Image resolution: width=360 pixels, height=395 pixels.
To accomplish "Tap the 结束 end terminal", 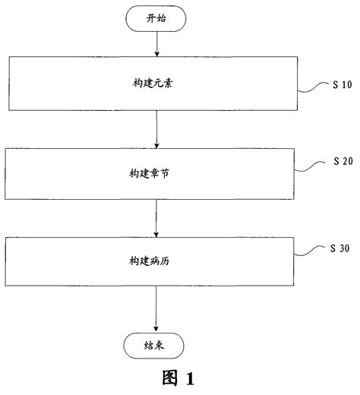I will click(155, 346).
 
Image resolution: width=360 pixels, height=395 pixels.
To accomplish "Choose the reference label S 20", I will click(343, 162).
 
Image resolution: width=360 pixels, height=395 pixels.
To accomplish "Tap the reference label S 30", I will click(343, 248).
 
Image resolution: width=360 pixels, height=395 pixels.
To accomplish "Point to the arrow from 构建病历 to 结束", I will click(156, 308).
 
